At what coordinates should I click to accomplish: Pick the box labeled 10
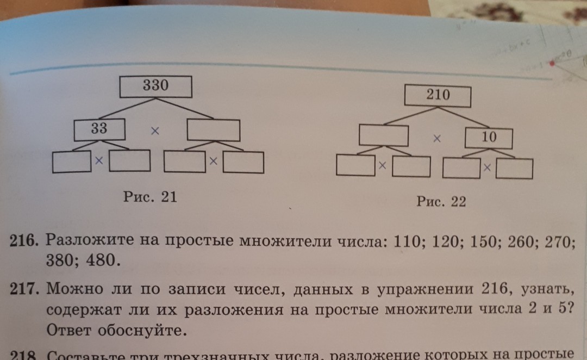(x=489, y=138)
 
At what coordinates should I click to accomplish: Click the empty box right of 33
(x=213, y=130)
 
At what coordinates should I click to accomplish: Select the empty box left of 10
(x=384, y=135)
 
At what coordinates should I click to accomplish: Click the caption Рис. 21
(x=150, y=197)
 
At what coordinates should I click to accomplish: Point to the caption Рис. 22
(x=441, y=202)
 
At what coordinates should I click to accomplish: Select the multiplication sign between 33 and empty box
(x=155, y=131)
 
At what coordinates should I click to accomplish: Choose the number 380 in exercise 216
(x=60, y=261)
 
